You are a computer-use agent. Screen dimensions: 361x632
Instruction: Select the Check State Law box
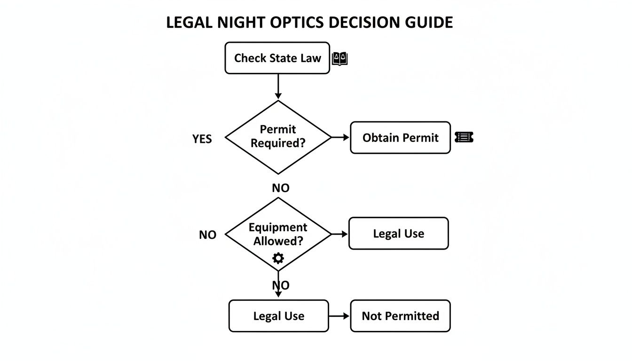[277, 58]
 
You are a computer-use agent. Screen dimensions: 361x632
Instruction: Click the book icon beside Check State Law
[340, 59]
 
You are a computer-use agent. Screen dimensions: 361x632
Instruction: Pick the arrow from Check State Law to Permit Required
[278, 86]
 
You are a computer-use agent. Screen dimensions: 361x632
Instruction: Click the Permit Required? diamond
[278, 137]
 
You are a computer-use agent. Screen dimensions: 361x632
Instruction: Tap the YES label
[202, 139]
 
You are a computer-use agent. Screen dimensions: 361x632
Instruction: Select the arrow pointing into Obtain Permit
[340, 137]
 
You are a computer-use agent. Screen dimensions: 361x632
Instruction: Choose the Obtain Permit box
[400, 138]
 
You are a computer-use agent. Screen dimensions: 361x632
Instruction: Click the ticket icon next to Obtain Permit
[464, 137]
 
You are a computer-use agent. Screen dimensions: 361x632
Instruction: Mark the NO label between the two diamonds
[281, 188]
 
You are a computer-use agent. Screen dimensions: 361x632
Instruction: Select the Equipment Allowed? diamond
[278, 234]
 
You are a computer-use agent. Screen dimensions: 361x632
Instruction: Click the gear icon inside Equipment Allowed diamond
[278, 258]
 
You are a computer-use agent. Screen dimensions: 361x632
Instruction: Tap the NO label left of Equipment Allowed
[207, 235]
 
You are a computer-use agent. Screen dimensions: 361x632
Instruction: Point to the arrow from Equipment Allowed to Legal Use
[340, 234]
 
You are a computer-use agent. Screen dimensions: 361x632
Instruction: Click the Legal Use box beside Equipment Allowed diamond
[398, 234]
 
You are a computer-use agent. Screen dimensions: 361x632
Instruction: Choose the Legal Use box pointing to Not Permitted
[278, 316]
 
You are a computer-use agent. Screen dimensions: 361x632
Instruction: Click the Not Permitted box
[400, 316]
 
